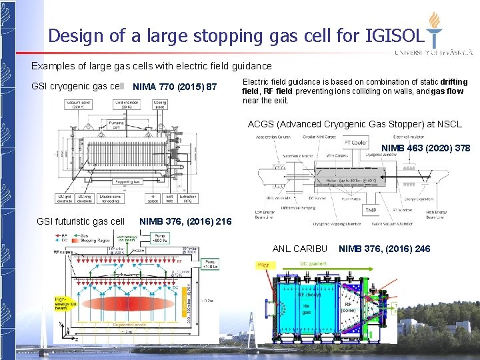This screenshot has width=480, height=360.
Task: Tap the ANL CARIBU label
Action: (x=300, y=249)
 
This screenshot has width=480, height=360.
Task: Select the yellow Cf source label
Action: (x=265, y=265)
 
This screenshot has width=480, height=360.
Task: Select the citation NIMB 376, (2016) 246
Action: (x=385, y=249)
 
